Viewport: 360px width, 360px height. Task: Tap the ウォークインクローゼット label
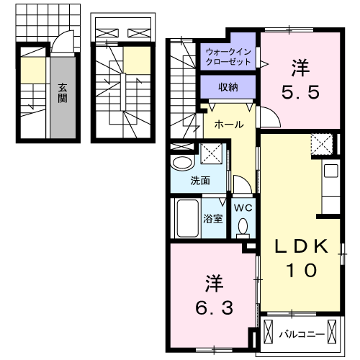pos(228,57)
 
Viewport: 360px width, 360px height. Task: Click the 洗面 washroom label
pos(200,180)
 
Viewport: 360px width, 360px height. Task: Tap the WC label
pos(243,207)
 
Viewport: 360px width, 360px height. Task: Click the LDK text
pos(303,246)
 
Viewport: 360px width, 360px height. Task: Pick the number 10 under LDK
pos(303,271)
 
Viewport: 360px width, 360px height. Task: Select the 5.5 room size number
pos(301,91)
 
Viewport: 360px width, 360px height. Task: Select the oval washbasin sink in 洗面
pos(181,163)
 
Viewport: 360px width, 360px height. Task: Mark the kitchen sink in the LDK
pos(330,171)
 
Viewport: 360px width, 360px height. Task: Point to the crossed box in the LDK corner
pos(321,144)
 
